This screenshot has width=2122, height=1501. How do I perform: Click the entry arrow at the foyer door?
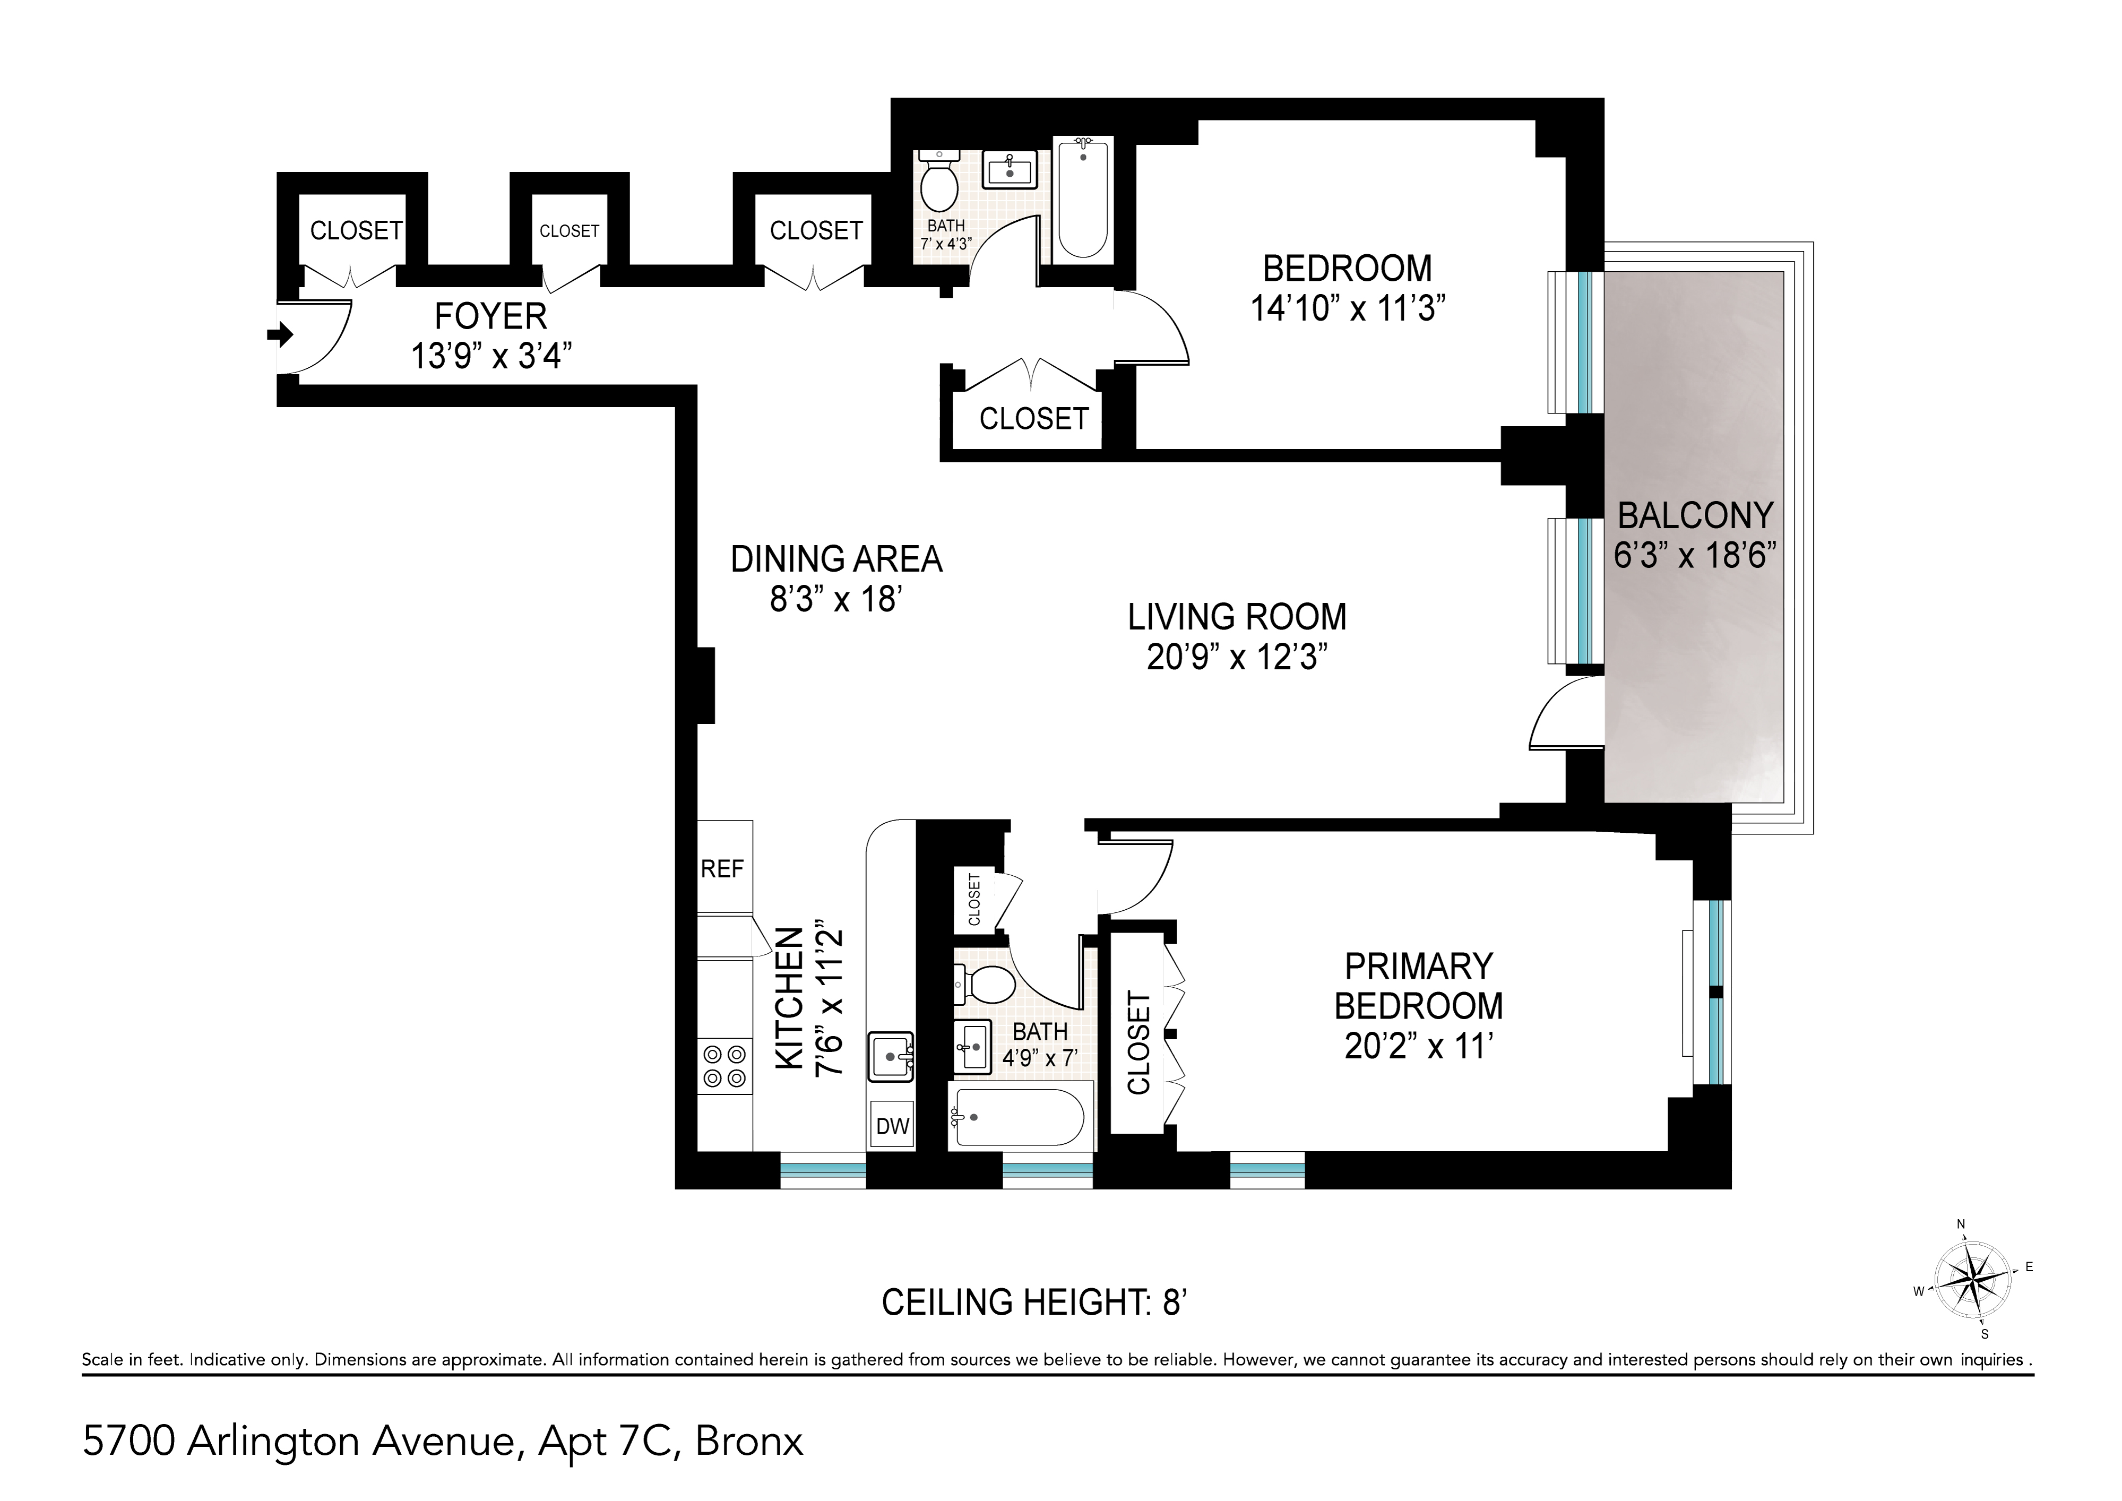(x=280, y=334)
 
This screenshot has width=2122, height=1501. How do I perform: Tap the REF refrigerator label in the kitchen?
(x=722, y=869)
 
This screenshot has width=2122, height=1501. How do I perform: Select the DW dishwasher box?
(x=892, y=1126)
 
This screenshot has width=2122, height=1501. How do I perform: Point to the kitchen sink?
(x=890, y=1056)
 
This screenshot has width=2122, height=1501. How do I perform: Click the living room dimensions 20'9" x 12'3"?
(x=1237, y=657)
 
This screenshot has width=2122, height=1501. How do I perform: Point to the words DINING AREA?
(x=836, y=559)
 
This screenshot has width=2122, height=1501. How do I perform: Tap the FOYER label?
(x=491, y=317)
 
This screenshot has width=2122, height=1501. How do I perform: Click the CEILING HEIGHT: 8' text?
(x=1033, y=1302)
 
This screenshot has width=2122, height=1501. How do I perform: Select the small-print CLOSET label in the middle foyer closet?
(x=570, y=231)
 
